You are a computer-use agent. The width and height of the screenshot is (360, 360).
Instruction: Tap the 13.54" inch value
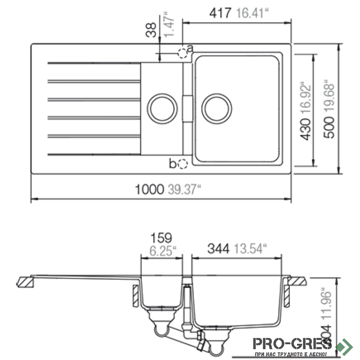coord(249,247)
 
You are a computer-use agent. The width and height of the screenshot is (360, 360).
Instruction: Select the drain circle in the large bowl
coord(217,108)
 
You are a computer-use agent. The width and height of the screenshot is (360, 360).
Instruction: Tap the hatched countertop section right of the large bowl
coord(297,281)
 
